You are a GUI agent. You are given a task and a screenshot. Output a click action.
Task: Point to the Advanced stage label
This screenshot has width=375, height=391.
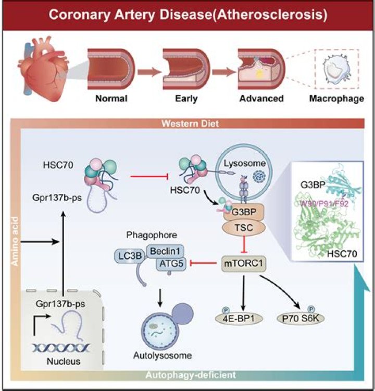[261, 98]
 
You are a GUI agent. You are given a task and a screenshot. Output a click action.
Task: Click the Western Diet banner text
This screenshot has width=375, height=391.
[189, 125]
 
